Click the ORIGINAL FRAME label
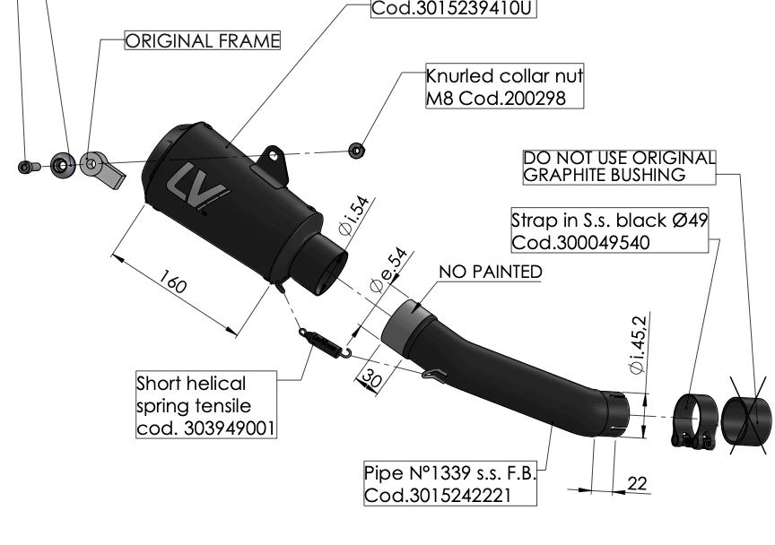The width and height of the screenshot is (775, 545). pyautogui.click(x=203, y=42)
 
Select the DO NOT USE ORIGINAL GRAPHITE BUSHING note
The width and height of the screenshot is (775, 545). pyautogui.click(x=619, y=168)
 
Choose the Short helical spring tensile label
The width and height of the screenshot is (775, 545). pyautogui.click(x=205, y=406)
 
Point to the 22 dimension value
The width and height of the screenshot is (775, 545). pyautogui.click(x=637, y=484)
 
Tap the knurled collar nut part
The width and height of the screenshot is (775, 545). pyautogui.click(x=357, y=147)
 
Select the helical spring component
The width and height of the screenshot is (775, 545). pyautogui.click(x=321, y=340)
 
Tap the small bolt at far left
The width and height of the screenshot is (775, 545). pyautogui.click(x=25, y=166)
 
